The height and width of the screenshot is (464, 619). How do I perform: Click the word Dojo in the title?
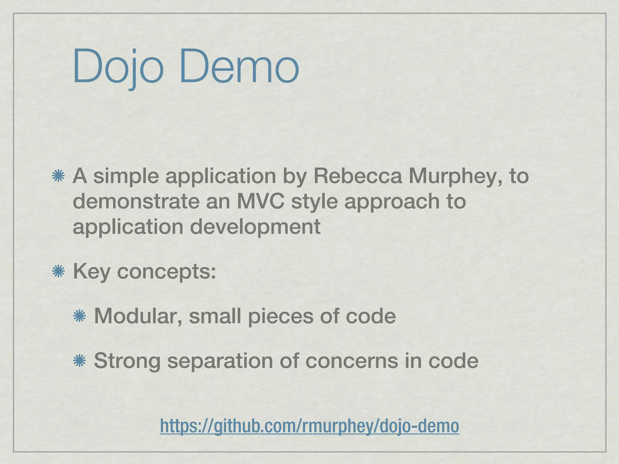coord(118,67)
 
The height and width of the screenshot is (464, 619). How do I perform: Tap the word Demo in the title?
coord(239,67)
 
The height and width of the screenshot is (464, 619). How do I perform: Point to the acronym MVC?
coord(260,201)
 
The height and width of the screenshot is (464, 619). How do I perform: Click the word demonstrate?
coord(136,201)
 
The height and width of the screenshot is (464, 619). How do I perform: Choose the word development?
coord(255,227)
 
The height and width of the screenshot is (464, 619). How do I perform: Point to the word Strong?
coord(127,361)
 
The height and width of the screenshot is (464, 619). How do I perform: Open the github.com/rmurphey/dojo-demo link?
coord(309,426)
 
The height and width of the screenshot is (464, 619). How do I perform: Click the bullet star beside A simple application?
coord(58,176)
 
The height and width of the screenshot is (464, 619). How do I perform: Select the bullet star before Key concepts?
coord(58,272)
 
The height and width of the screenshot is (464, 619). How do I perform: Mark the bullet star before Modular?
coord(80,316)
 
